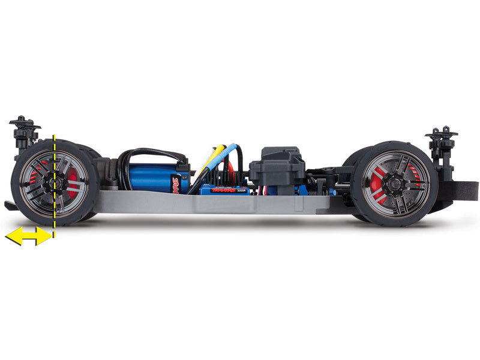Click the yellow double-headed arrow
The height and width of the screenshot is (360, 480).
[x=28, y=236]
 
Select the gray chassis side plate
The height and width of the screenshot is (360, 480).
[x=210, y=203]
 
